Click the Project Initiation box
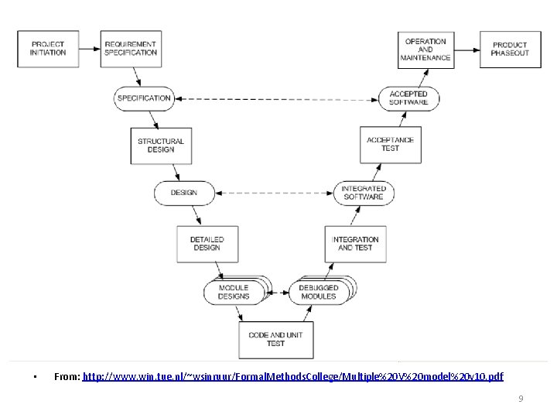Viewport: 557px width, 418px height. click(x=48, y=49)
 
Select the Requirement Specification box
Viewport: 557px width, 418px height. click(x=131, y=49)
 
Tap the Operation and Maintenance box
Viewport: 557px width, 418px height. click(x=425, y=49)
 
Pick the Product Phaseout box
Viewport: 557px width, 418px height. click(x=510, y=49)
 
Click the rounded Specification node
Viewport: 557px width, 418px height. click(x=144, y=98)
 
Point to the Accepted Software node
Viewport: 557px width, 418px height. click(x=408, y=98)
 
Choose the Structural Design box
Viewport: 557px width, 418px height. click(x=161, y=146)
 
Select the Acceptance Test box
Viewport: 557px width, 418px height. click(x=391, y=145)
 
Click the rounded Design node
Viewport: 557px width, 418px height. click(x=183, y=193)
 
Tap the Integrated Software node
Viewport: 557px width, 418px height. click(x=364, y=193)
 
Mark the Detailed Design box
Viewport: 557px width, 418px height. click(x=207, y=244)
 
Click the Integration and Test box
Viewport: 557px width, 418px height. click(x=355, y=244)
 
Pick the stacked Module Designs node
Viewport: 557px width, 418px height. click(x=235, y=292)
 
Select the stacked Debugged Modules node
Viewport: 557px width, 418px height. click(x=320, y=292)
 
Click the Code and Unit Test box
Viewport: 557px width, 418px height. click(x=276, y=339)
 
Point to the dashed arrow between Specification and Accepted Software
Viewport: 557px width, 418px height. click(x=276, y=98)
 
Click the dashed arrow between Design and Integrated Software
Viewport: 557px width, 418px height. click(x=273, y=193)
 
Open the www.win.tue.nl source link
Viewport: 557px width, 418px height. click(x=292, y=376)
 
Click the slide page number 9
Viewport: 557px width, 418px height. click(x=521, y=399)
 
